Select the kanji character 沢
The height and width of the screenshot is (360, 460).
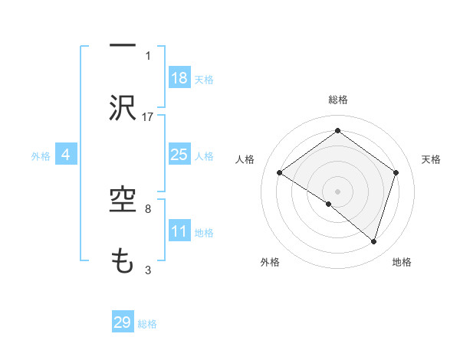pos(122,108)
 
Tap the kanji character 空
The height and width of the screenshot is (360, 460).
pos(122,201)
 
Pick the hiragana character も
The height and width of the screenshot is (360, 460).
pos(122,261)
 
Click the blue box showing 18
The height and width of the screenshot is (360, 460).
pos(179,78)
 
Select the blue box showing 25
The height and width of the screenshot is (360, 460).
pos(179,155)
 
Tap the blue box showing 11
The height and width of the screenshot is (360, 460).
pos(179,231)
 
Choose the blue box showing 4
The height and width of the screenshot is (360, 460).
pos(66,155)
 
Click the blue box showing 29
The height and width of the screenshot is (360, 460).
pos(123,322)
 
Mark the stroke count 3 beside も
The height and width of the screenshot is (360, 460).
pos(148,269)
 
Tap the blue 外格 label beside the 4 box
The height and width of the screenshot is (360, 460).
pos(41,155)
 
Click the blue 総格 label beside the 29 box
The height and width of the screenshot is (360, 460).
pos(147,323)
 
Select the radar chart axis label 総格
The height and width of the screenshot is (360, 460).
pos(337,100)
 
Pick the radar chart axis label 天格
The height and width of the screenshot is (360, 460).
pos(431,159)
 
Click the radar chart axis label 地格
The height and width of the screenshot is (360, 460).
pos(402,262)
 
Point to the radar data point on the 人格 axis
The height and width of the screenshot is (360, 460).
pos(280,173)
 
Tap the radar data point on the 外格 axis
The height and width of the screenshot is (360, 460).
pos(329,204)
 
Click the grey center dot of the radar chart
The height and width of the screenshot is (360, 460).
pos(337,190)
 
